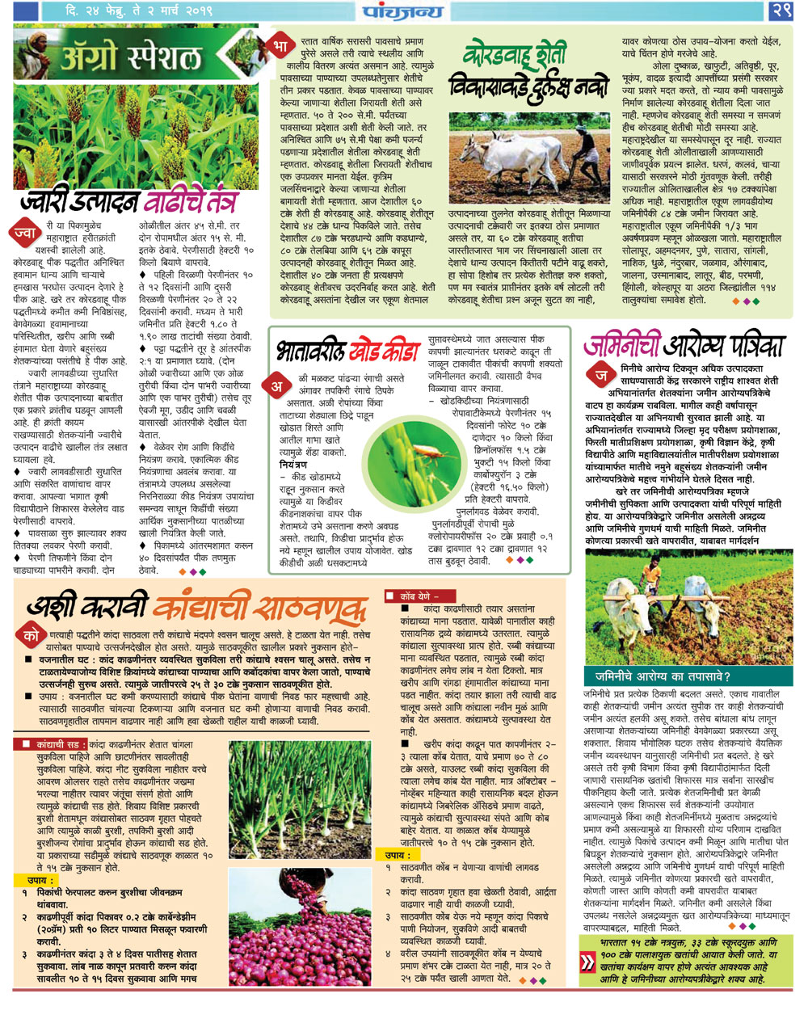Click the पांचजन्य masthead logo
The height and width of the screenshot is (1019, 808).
[x=402, y=11]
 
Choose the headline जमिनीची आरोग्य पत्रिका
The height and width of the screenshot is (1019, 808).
[x=683, y=347]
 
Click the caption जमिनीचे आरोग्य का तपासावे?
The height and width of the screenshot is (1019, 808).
[x=663, y=677]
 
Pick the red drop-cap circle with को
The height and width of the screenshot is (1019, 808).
[x=32, y=636]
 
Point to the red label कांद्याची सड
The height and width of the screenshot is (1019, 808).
[x=52, y=743]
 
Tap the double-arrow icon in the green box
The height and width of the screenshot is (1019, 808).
[x=587, y=962]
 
